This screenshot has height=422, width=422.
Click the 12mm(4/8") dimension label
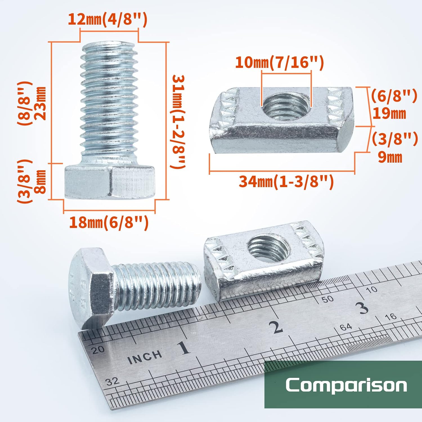[107, 20]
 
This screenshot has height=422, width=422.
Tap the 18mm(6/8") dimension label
[109, 223]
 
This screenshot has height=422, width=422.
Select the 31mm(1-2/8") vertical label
[179, 122]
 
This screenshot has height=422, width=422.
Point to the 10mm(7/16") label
[279, 62]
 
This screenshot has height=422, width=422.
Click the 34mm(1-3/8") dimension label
[286, 181]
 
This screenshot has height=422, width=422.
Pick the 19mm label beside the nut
[389, 113]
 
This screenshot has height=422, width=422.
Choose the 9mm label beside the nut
[390, 157]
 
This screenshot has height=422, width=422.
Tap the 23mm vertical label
[41, 103]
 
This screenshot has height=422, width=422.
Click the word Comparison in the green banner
[346, 385]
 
